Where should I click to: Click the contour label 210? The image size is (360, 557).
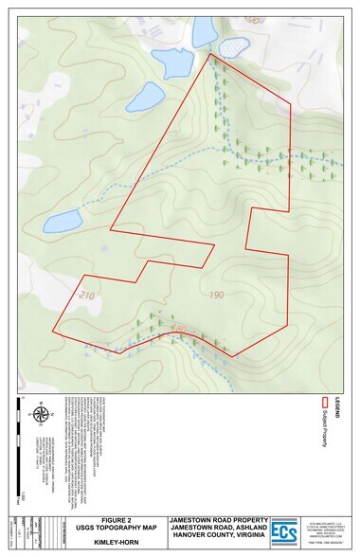click(x=88, y=296)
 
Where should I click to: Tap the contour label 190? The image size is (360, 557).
click(x=217, y=296)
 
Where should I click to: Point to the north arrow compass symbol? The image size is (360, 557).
click(x=40, y=413)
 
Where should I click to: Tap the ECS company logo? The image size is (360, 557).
click(x=285, y=532)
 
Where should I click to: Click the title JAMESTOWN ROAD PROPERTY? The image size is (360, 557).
click(x=218, y=520)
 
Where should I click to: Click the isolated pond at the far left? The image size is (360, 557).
click(x=62, y=222)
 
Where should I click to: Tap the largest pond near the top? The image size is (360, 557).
click(x=172, y=63)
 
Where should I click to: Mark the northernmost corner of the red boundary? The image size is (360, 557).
click(x=209, y=54)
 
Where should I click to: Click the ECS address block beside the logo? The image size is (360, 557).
click(x=324, y=532)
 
